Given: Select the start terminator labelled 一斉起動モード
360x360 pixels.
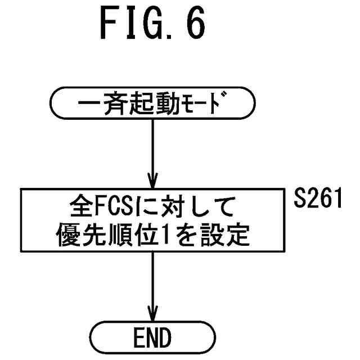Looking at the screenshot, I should point(152,103).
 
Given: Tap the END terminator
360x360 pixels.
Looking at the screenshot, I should point(152,339).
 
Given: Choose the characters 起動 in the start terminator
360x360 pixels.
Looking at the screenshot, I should point(152,103).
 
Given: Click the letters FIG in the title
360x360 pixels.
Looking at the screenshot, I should point(128,24).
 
